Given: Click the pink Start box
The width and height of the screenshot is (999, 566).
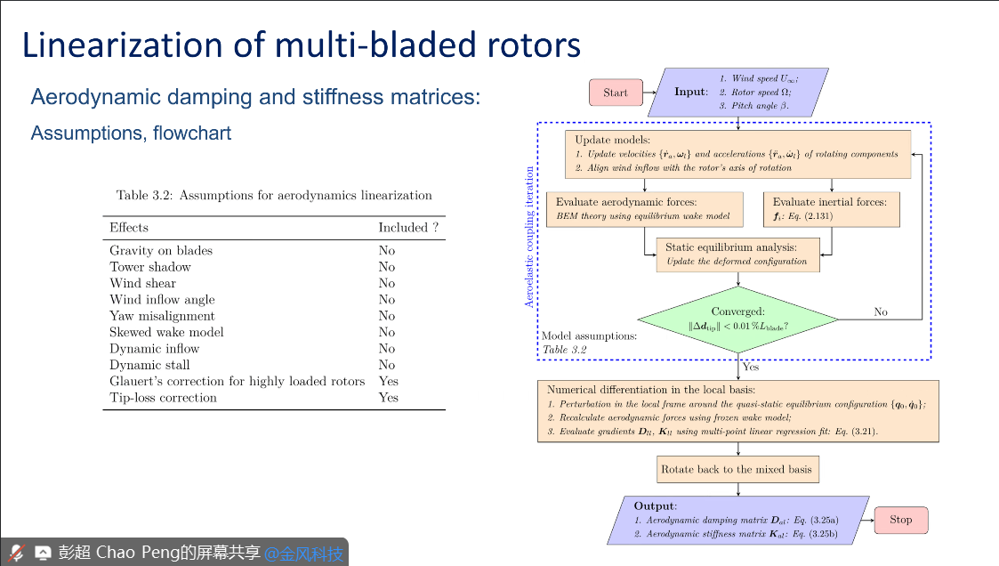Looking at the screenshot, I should point(615,93).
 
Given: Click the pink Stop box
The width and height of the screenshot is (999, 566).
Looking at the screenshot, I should point(900,520).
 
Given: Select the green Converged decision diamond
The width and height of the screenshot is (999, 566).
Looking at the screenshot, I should point(737,319).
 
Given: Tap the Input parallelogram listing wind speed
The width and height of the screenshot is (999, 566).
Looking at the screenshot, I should point(738,92).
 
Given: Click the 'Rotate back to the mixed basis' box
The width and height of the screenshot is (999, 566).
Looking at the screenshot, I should point(737,469).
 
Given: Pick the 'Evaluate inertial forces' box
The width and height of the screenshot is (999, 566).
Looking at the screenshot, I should point(831,208).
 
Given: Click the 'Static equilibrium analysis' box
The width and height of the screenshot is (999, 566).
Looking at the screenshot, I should point(737,254).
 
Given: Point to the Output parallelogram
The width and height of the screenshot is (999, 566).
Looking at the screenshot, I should point(737,520).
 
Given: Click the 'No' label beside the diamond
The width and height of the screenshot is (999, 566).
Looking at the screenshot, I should point(881,312).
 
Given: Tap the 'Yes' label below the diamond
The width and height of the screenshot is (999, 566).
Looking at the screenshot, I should point(750,367).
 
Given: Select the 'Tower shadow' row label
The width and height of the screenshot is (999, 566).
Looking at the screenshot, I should point(150,267).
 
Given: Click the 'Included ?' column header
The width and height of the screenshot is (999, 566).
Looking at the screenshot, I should point(408,228).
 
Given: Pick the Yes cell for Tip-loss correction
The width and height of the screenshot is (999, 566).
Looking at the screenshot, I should point(388,398).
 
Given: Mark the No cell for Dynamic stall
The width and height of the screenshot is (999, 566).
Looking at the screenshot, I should point(386,365).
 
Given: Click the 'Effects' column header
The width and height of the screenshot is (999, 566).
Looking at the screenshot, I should point(129,228).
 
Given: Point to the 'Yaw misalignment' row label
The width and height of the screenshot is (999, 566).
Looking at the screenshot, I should point(162,316).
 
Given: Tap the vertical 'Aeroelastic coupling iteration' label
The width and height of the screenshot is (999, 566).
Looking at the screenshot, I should point(529,237).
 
